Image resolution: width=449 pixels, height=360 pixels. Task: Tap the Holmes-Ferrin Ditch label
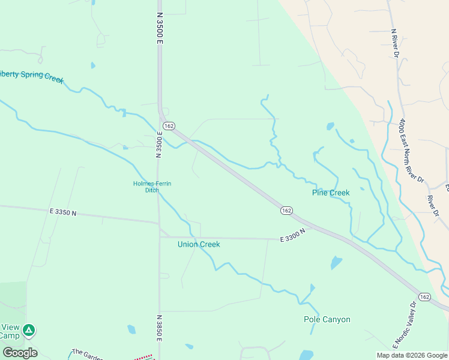[152, 187]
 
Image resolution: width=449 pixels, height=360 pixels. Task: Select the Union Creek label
[199, 244]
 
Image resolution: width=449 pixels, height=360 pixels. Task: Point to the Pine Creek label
[330, 193]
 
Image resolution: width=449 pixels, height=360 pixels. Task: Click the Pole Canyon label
[327, 319]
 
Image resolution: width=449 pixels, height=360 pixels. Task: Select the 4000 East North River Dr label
[411, 150]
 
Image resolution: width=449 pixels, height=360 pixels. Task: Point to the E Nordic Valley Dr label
[403, 324]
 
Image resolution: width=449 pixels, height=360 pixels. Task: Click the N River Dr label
[394, 43]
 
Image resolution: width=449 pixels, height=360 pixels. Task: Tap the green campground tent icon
[29, 329]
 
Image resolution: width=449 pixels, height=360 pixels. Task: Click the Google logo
[20, 352]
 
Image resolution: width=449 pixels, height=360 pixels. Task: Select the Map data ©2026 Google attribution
[412, 355]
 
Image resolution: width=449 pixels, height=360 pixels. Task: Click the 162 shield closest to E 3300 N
[286, 211]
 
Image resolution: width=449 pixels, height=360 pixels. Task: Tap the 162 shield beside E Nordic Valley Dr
[425, 297]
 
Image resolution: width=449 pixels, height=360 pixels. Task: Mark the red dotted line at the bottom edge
[142, 358]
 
